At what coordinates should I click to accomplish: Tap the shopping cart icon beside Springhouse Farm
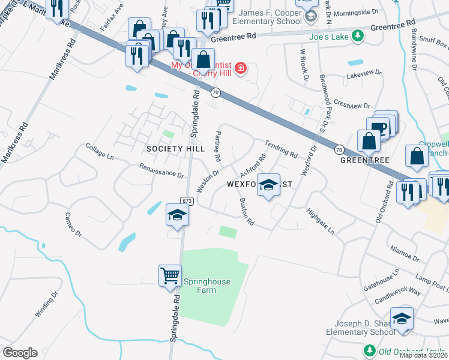(x=170, y=275)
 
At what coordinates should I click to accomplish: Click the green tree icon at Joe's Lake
(x=357, y=36)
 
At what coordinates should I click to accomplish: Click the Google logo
(x=20, y=353)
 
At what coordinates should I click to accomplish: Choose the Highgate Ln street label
(x=320, y=221)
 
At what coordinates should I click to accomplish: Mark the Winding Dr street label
(x=46, y=304)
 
